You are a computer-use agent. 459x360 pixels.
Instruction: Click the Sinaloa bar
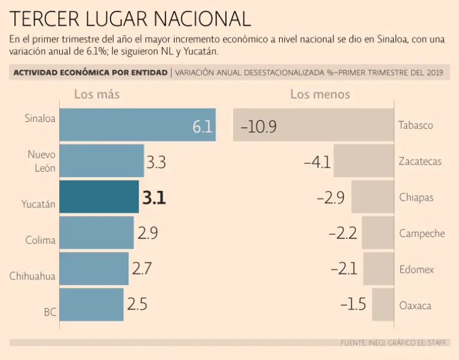137,125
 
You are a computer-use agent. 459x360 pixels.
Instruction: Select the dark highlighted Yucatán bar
99,197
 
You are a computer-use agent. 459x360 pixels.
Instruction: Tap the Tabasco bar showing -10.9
313,125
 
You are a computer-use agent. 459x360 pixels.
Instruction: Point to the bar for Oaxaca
382,305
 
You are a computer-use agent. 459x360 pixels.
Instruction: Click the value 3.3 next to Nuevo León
156,162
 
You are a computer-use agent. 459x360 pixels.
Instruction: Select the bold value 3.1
154,198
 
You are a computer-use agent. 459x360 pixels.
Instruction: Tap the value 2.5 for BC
137,304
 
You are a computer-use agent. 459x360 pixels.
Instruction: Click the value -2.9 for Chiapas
330,198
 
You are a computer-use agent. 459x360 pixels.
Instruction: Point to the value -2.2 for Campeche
343,234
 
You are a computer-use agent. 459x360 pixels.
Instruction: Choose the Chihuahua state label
32,276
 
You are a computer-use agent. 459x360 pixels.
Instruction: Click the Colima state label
41,240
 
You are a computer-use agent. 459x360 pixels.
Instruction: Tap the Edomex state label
417,270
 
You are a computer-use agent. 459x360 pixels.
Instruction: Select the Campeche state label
422,233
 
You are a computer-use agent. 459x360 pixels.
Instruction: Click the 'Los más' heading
97,94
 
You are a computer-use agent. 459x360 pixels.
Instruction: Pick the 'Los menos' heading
320,94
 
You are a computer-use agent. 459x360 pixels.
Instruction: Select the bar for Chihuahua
94,269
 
